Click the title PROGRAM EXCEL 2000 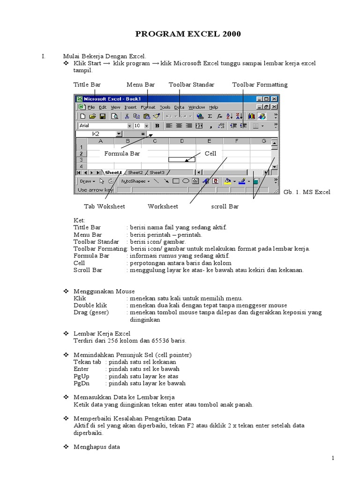[188, 34]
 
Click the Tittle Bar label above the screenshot [87, 84]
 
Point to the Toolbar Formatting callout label [260, 84]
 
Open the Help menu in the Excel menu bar [213, 107]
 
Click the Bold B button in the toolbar [157, 126]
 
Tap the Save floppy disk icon [102, 116]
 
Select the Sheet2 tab [136, 172]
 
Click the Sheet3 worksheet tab [157, 172]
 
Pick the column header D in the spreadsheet [182, 141]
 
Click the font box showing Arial [102, 126]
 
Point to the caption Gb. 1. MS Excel [307, 192]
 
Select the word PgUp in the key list [81, 376]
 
